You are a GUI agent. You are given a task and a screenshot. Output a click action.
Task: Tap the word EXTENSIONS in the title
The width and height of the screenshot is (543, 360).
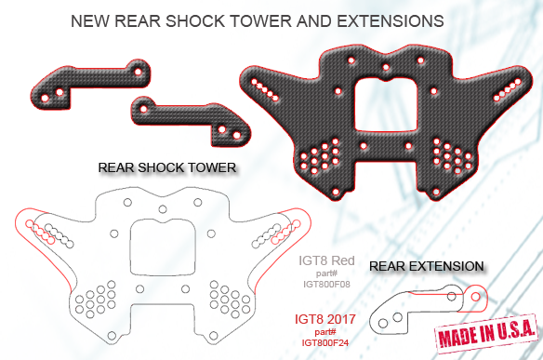(x=391, y=21)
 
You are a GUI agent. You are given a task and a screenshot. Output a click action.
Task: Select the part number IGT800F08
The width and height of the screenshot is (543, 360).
(x=326, y=284)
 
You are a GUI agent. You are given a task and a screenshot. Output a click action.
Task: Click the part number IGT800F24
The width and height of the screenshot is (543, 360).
(x=325, y=342)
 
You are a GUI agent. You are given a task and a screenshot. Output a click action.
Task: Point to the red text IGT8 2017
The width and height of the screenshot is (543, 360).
(x=325, y=319)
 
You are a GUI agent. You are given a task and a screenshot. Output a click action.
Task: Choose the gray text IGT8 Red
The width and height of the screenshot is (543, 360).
(x=326, y=260)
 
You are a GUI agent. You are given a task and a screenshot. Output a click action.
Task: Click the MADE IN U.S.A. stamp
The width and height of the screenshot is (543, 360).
(x=487, y=333)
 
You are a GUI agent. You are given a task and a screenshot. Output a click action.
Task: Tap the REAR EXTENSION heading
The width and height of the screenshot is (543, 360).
(x=426, y=266)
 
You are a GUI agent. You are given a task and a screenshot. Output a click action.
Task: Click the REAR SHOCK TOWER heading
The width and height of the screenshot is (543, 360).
(x=167, y=167)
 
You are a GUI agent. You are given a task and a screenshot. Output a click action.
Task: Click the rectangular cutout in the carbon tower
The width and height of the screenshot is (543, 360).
(x=387, y=104)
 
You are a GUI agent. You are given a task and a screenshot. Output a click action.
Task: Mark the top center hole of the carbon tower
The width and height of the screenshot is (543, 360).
(x=386, y=67)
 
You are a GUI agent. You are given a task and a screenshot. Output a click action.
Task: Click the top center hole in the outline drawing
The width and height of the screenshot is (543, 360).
(x=163, y=209)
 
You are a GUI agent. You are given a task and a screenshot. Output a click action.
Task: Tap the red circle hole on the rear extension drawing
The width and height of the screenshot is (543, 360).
(x=475, y=297)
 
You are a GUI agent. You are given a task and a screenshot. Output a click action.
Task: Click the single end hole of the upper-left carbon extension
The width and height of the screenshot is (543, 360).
(x=138, y=72)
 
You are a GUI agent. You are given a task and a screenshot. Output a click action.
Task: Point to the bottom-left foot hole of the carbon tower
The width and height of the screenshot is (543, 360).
(x=336, y=192)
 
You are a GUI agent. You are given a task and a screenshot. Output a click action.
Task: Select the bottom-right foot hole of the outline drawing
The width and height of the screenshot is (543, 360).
(x=213, y=336)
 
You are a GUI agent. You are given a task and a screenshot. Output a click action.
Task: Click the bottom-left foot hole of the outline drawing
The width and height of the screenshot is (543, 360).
(x=112, y=336)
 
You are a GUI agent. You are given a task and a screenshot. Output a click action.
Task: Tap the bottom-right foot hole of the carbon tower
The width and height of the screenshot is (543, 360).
(x=436, y=192)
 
